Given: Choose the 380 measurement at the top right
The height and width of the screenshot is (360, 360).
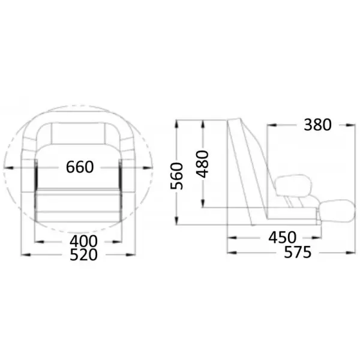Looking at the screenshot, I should (x=317, y=125).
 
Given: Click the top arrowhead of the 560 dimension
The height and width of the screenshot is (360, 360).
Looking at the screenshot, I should (x=176, y=124).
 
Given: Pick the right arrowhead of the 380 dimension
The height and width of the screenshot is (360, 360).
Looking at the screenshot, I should (x=350, y=125).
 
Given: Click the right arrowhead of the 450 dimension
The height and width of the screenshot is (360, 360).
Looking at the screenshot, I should (x=316, y=238).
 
